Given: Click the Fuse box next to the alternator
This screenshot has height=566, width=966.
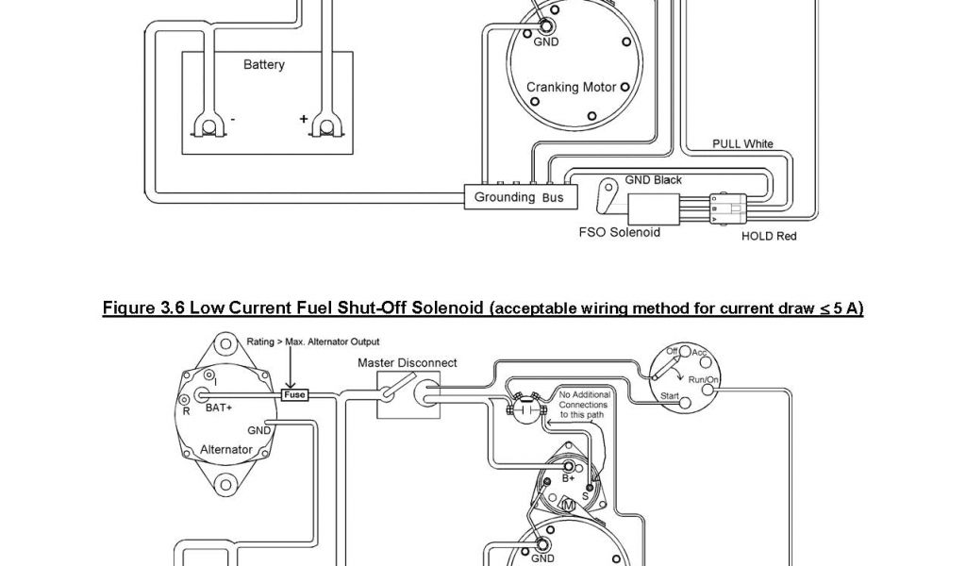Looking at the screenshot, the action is (294, 395).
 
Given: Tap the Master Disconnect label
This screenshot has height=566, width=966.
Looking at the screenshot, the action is (407, 362).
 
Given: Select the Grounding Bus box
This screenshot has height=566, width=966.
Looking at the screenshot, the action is (518, 197).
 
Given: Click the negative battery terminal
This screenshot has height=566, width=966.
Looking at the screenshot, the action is (208, 125).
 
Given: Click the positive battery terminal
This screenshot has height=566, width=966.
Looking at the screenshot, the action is (327, 125).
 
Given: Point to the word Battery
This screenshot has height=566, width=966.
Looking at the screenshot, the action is (263, 65).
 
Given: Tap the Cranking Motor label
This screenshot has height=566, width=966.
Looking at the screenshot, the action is (571, 87).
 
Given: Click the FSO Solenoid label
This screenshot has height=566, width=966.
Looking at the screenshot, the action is (619, 231).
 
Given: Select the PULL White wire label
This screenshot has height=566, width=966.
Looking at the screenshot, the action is (742, 143).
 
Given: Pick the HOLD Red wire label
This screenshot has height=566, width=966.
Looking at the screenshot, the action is (768, 236).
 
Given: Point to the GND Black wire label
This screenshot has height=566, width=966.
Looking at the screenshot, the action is (653, 179).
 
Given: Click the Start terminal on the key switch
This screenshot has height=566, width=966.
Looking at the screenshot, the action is (685, 401).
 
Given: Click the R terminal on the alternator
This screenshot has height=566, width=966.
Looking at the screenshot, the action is (186, 411).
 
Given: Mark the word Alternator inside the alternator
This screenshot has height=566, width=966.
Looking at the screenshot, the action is (226, 449).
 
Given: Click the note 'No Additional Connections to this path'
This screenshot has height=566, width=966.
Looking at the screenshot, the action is (584, 404).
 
